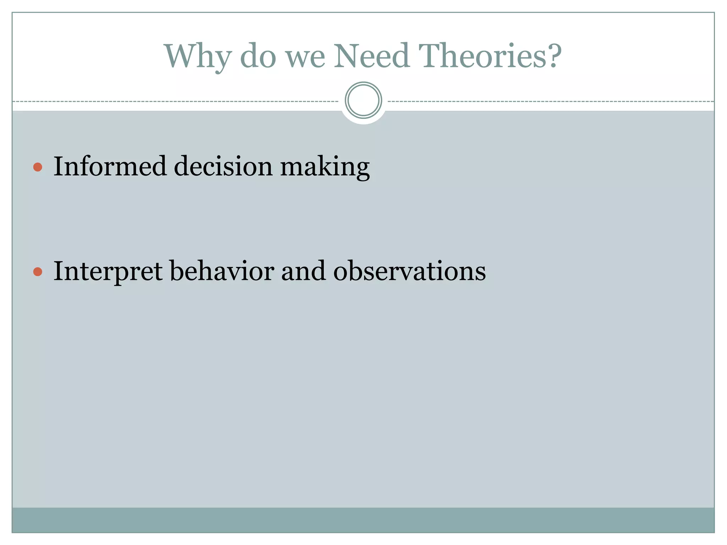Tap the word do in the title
point(258,57)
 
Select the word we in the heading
point(306,57)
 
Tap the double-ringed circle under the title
point(363,100)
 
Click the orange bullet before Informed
point(38,167)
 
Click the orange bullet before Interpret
point(38,272)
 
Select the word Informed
point(110,166)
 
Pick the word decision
point(223,166)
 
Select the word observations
point(409,271)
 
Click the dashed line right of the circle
point(550,102)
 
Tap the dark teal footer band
point(363,520)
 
